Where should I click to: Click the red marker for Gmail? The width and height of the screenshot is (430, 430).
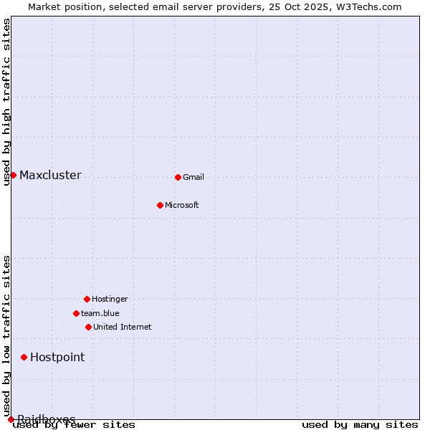pos(178,177)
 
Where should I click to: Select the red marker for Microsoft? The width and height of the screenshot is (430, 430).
pos(160,205)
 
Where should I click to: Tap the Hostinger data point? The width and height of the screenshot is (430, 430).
pos(87,299)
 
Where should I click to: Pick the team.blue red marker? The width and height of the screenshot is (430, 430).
pos(76,313)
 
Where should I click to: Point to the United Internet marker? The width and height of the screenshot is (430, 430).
pos(88,327)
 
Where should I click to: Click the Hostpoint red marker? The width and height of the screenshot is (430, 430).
pos(24,357)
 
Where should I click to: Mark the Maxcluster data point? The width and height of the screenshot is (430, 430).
pos(13,175)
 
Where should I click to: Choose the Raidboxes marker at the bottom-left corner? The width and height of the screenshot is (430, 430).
pos(11,419)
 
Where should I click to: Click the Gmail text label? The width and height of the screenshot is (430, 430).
pos(193,178)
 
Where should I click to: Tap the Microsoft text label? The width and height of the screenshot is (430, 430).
pos(182,206)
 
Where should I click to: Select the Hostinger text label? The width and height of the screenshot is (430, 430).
pos(110,300)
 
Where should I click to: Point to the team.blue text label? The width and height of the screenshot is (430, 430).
pos(100,314)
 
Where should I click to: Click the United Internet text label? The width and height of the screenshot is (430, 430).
pos(123,328)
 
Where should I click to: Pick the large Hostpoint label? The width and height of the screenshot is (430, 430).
pos(57,358)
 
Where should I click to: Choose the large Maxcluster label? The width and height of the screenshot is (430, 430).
pos(50,176)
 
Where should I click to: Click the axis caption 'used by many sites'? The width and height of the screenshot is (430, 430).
pos(360,425)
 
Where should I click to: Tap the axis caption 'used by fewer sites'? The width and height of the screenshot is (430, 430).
pos(75,425)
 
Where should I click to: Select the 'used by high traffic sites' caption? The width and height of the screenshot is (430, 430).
pos(7,102)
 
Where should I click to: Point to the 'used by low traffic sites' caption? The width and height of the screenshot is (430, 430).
pos(7,335)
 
